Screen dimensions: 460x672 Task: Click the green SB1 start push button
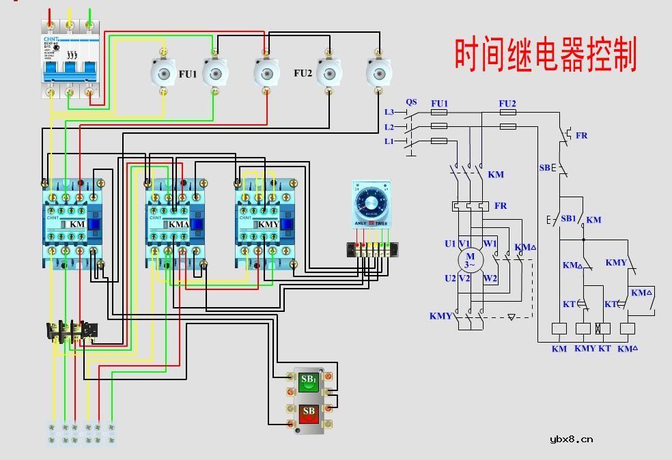(x=309, y=382)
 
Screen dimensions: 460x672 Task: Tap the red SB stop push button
(x=309, y=414)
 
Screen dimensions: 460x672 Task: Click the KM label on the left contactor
(x=77, y=224)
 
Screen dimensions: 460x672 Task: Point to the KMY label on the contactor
(x=268, y=224)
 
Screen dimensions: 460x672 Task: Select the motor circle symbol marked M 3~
(x=470, y=260)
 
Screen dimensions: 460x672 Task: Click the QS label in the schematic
(x=411, y=102)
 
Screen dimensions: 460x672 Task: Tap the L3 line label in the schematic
(x=389, y=112)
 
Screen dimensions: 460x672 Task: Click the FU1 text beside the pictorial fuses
(x=188, y=74)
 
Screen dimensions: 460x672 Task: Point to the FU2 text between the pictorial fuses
(x=303, y=73)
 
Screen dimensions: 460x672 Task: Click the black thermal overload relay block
(x=71, y=331)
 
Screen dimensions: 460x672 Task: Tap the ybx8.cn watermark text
(x=571, y=439)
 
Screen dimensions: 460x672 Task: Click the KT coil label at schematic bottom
(x=604, y=349)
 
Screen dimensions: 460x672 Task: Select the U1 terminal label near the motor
(x=450, y=244)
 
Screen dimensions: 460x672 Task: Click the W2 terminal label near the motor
(x=490, y=278)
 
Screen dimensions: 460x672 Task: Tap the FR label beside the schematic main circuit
(x=501, y=205)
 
